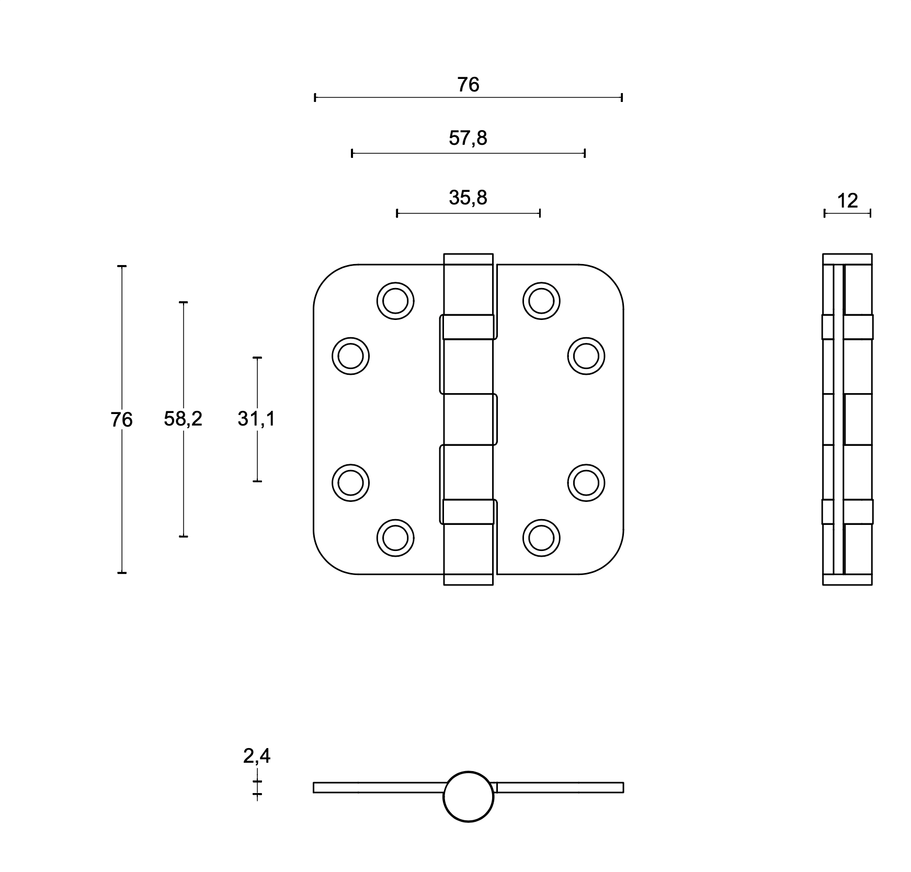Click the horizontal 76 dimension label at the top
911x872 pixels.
pyautogui.click(x=468, y=85)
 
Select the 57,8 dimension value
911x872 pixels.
pyautogui.click(x=468, y=139)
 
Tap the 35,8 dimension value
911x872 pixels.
pyautogui.click(x=468, y=198)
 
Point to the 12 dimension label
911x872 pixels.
pyautogui.click(x=848, y=201)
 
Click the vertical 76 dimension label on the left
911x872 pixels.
pyautogui.click(x=121, y=420)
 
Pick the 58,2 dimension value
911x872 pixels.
pyautogui.click(x=183, y=419)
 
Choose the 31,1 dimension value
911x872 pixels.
pyautogui.click(x=256, y=419)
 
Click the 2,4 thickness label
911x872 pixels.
pyautogui.click(x=257, y=756)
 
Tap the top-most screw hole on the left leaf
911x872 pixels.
pyautogui.click(x=395, y=301)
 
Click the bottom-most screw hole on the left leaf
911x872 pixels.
pyautogui.click(x=395, y=538)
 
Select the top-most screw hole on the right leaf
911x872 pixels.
pyautogui.click(x=541, y=301)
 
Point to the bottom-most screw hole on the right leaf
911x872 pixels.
pyautogui.click(x=541, y=538)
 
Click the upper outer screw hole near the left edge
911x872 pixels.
pyautogui.click(x=350, y=356)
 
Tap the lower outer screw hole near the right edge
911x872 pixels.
pyautogui.click(x=586, y=483)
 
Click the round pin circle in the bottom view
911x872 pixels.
pyautogui.click(x=469, y=797)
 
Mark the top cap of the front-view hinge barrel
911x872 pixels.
pyautogui.click(x=469, y=259)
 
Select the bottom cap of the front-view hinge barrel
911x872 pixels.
pyautogui.click(x=469, y=579)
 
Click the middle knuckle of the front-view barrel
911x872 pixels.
pyautogui.click(x=469, y=419)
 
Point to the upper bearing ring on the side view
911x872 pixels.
pyautogui.click(x=847, y=327)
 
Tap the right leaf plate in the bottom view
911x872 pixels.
pyautogui.click(x=560, y=787)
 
